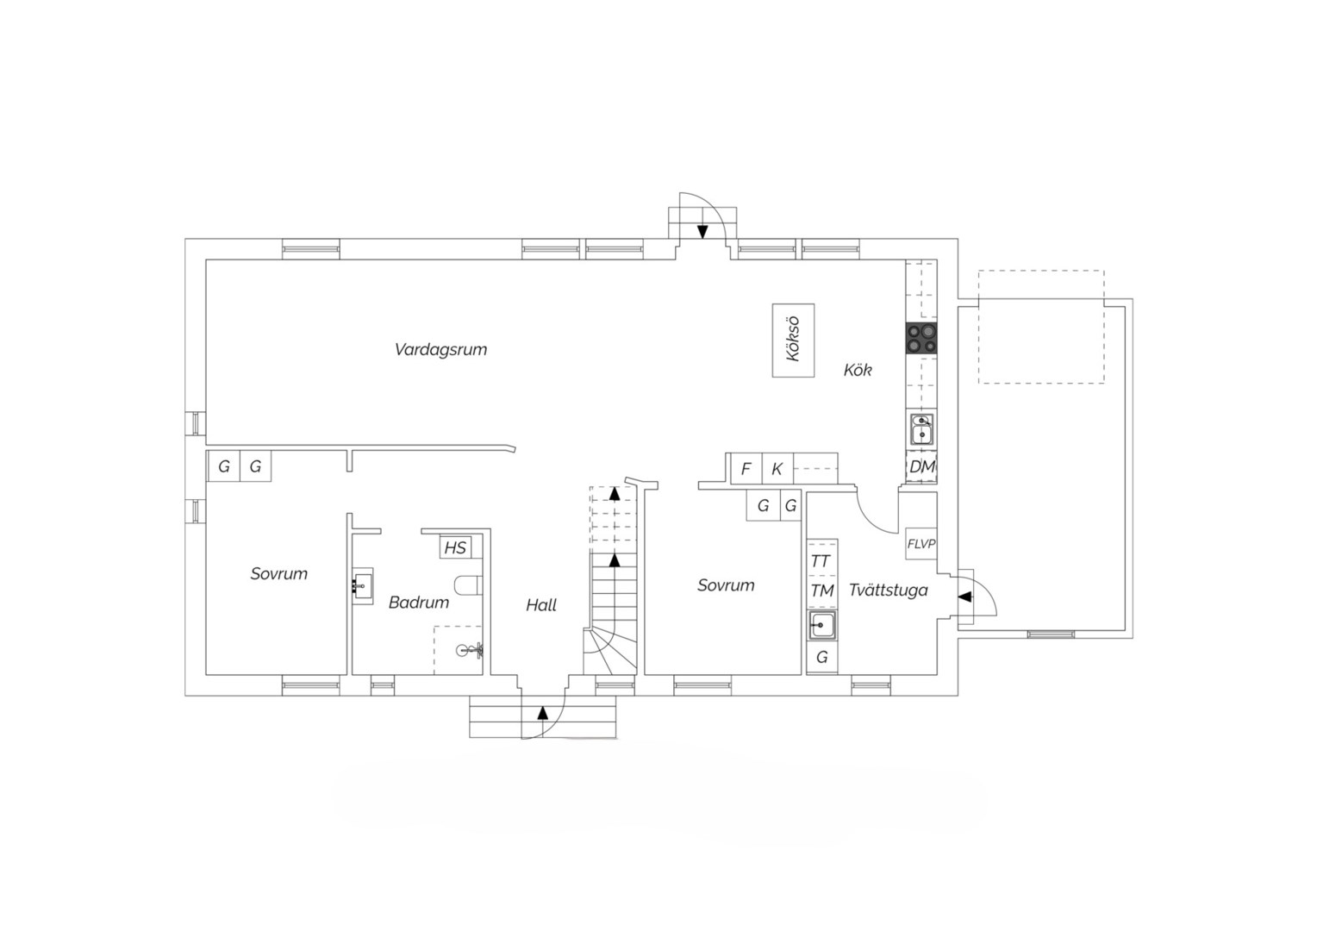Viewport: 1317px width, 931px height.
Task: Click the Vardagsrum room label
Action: coord(440,350)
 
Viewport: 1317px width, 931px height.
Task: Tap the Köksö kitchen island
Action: coord(793,341)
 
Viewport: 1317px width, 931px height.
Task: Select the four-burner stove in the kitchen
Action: coord(921,339)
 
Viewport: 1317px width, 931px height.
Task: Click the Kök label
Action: coord(858,370)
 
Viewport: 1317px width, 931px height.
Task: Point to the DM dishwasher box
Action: coord(921,467)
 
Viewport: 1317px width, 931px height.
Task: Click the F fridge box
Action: coord(746,469)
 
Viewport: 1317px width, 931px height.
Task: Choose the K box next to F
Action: coord(777,469)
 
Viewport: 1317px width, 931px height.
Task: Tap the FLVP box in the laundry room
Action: coord(921,544)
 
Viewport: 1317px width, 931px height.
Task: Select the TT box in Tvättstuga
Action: coord(822,561)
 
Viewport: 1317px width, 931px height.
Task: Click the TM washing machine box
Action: coord(822,590)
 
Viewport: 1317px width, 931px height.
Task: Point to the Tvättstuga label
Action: coord(889,590)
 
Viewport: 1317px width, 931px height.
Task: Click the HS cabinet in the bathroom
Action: coord(455,548)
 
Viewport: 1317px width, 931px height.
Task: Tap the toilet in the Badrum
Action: coord(469,586)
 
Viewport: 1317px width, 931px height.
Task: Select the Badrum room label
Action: coord(419,603)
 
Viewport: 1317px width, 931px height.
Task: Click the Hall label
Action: coord(541,605)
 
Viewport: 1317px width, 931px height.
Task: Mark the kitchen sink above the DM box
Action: coord(921,429)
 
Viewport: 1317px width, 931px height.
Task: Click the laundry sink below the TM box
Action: coord(822,625)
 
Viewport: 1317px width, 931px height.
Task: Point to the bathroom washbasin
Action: coord(362,586)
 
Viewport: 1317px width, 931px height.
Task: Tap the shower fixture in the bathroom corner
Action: coord(471,651)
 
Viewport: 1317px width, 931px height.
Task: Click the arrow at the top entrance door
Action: coord(702,232)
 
